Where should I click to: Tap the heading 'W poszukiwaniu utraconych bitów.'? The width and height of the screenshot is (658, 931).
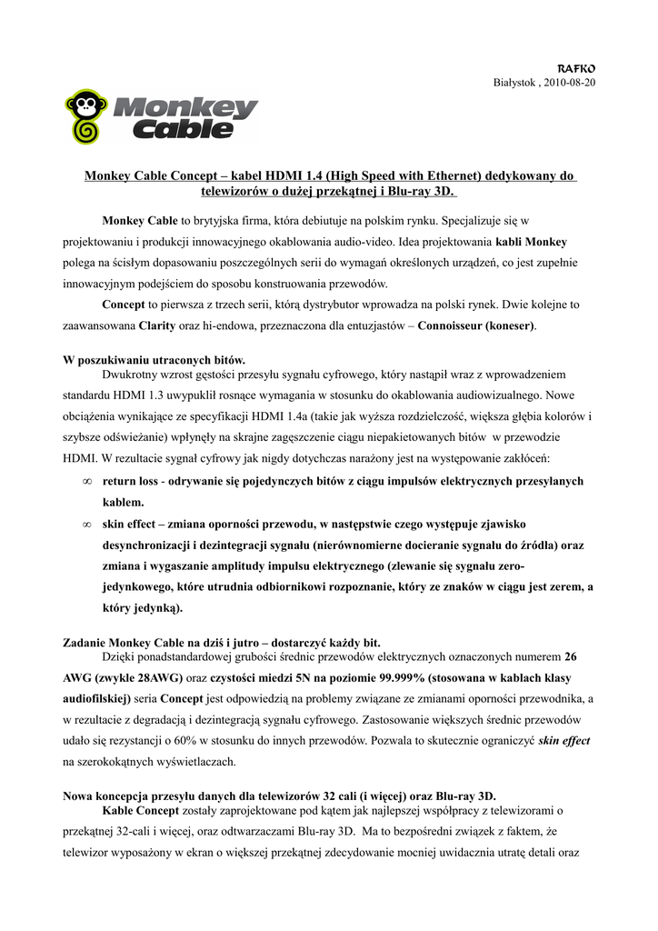pos(155,360)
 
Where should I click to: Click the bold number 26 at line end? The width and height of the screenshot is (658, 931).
pos(570,656)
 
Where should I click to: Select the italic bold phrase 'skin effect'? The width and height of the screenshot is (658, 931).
pos(563,741)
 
